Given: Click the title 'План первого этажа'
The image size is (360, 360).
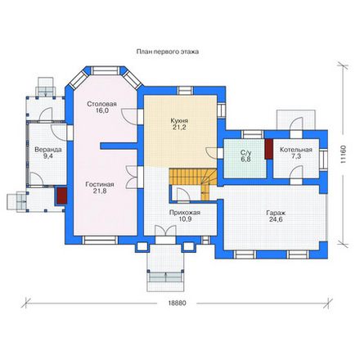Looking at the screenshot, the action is coord(168,52).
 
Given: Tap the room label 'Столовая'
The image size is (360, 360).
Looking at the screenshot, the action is coord(101,104).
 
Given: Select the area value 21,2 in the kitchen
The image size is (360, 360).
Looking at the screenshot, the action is coord(179,127).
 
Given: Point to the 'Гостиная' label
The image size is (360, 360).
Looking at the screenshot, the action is coord(100,184).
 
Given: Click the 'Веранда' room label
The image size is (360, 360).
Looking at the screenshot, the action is coord(48,150).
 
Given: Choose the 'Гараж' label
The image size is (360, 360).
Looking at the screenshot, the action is coord(276,213).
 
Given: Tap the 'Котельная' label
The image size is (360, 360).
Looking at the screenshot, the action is coord(296,150).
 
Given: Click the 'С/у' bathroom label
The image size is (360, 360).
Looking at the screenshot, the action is coord(245,153).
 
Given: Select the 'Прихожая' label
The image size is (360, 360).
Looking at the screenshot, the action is coord(185,213).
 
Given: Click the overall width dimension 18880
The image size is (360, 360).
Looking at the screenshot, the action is coord(177,303).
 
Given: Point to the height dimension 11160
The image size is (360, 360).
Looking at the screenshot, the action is coord(343,155).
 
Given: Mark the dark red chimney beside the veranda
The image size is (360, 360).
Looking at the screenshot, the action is coord(61,196).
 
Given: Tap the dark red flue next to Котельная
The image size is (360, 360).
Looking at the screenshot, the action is coord(269,149).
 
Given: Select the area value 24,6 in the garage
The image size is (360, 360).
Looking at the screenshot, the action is coord(276,219).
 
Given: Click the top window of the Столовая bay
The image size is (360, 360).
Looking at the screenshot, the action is coord(105,70).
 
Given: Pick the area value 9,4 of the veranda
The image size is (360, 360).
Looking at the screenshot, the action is coord(48,156).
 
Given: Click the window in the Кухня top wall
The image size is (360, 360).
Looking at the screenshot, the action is coord(186,91).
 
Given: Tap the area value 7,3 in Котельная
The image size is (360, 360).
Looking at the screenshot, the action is coord(296,156).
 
